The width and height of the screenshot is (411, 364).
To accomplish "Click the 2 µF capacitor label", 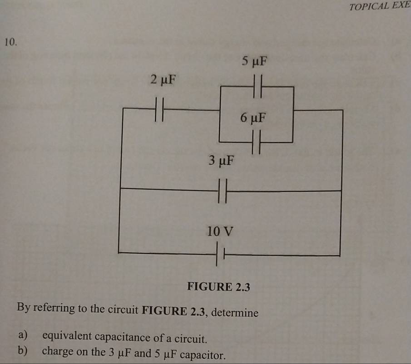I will [x=162, y=80].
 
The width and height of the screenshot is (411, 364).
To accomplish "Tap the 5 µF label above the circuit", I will [x=255, y=60].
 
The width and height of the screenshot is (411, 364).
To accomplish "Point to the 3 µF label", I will [x=222, y=160].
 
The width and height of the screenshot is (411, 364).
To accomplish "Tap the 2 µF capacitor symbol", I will [x=158, y=109].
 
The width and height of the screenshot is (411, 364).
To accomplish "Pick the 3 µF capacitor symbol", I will [x=222, y=191].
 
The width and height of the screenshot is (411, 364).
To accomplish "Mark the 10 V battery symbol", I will [x=220, y=255].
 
